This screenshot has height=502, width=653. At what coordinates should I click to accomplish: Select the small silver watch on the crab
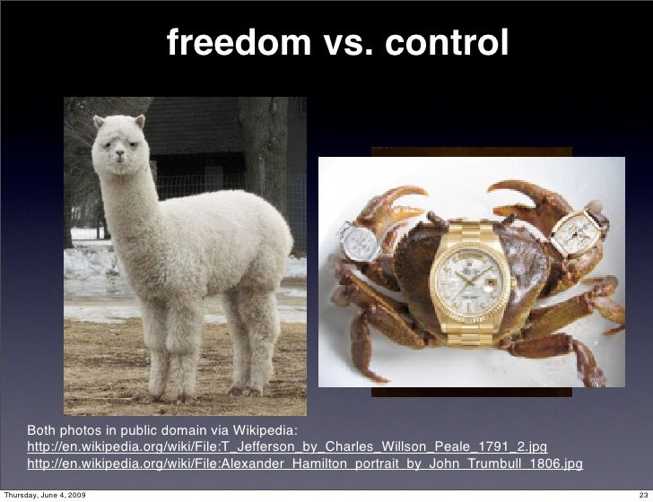tap(361, 241)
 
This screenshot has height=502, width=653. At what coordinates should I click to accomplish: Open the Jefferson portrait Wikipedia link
tap(287, 446)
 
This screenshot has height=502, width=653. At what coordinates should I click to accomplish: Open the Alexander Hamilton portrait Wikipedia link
tap(305, 464)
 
